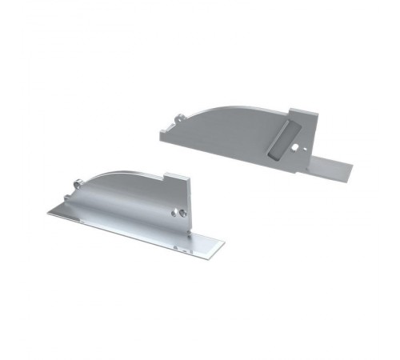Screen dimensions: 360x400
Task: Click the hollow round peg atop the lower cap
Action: pyautogui.click(x=77, y=184)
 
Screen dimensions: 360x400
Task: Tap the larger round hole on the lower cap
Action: pyautogui.click(x=179, y=213)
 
